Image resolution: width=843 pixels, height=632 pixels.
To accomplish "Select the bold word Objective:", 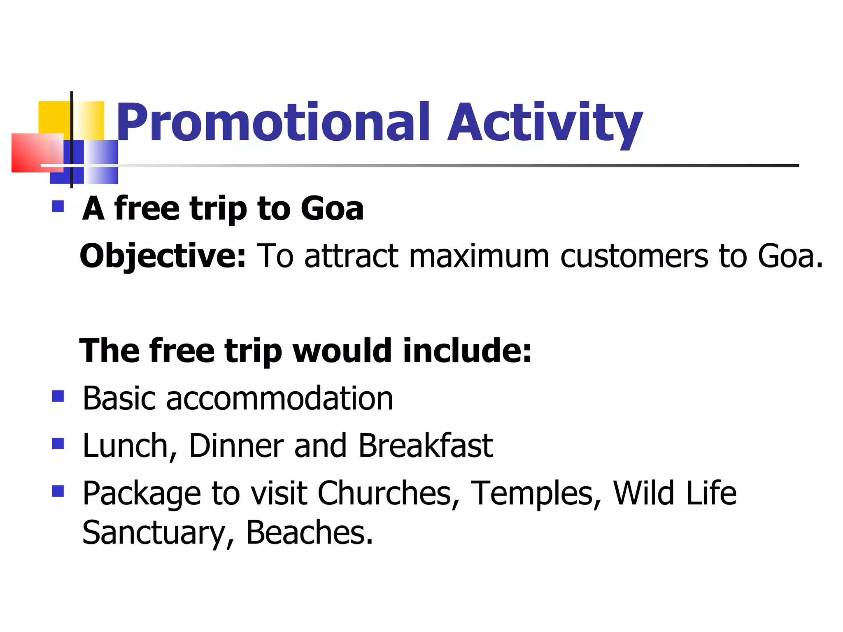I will click(163, 256).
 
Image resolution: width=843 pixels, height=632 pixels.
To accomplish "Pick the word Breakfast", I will click(426, 446).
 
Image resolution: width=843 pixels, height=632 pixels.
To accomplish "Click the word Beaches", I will click(310, 533).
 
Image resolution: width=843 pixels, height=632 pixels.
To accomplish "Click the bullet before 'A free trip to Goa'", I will click(58, 206).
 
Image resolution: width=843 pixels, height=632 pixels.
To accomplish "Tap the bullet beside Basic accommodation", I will click(58, 396).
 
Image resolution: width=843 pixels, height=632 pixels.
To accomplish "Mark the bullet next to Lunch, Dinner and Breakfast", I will click(58, 444).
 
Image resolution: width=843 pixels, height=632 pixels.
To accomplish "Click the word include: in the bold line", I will click(467, 351).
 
